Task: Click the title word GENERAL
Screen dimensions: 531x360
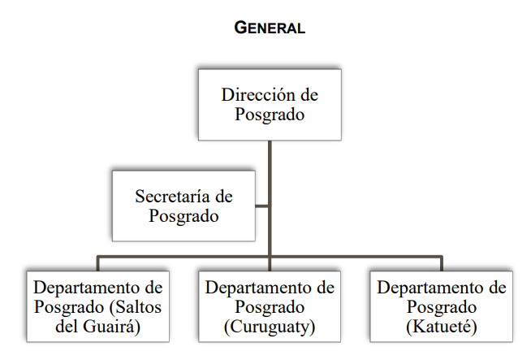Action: point(270,28)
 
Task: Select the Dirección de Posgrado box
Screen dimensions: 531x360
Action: point(270,105)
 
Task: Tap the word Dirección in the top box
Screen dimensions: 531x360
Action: point(258,94)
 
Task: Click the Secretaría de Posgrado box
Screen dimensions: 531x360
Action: point(183,206)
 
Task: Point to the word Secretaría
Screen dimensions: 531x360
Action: point(172,197)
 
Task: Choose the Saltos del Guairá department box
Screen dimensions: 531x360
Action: point(98,306)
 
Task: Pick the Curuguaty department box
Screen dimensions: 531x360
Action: point(270,306)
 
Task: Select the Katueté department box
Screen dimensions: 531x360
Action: point(441,306)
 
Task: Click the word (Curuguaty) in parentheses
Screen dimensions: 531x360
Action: point(270,327)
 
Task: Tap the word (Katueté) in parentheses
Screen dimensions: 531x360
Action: point(442,327)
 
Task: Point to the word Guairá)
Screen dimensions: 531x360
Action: point(111,327)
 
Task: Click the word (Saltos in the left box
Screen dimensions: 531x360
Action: point(135,307)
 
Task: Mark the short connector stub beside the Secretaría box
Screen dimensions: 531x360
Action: point(261,206)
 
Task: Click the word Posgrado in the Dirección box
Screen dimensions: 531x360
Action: point(270,115)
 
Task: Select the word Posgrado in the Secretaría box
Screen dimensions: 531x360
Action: point(183,216)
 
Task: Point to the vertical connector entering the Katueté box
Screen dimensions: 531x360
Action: point(441,264)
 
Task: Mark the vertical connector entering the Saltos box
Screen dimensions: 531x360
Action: point(98,264)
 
